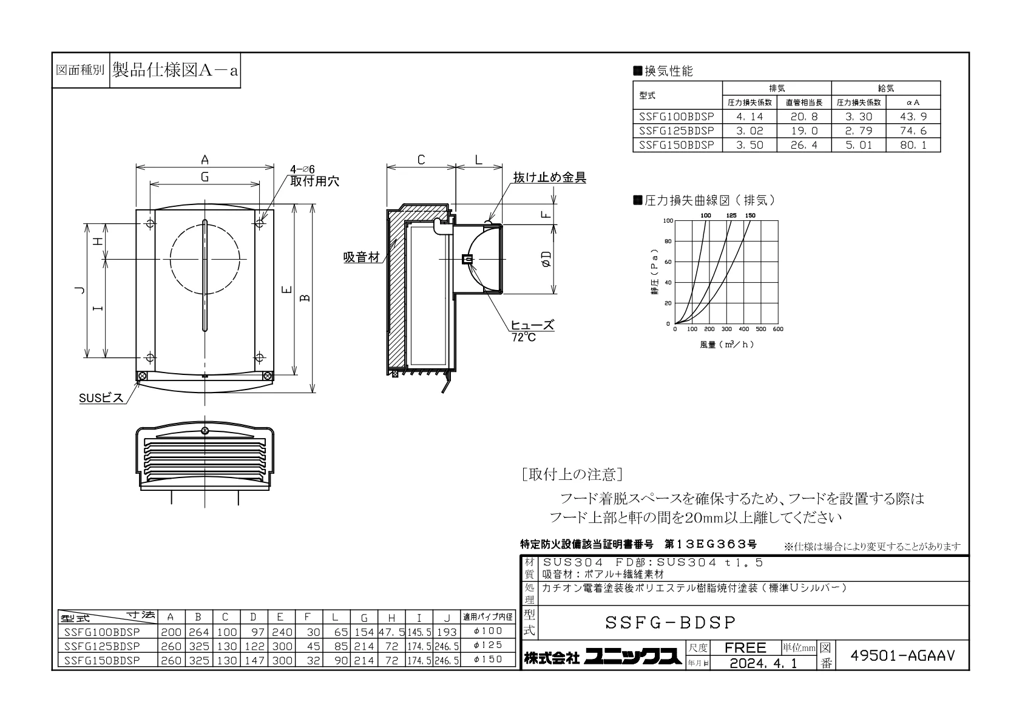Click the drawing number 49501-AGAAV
click(x=902, y=655)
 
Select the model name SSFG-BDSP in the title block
click(x=671, y=622)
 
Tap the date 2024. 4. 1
click(x=763, y=663)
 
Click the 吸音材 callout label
click(x=361, y=257)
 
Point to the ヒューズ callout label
click(x=532, y=325)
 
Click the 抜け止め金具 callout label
click(x=549, y=177)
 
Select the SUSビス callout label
click(x=101, y=398)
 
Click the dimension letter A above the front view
click(x=205, y=160)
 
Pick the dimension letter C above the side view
click(x=421, y=160)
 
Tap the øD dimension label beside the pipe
click(x=546, y=259)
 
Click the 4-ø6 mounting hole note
click(x=302, y=169)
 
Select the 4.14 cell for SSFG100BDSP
click(x=750, y=116)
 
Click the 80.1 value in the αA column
click(x=913, y=145)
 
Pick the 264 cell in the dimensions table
click(x=198, y=632)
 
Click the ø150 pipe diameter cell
click(x=488, y=659)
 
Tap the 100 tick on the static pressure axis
click(x=668, y=221)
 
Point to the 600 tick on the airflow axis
click(x=778, y=329)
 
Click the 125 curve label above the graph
click(x=731, y=215)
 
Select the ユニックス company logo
click(x=633, y=656)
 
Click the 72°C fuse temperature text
click(x=524, y=337)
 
